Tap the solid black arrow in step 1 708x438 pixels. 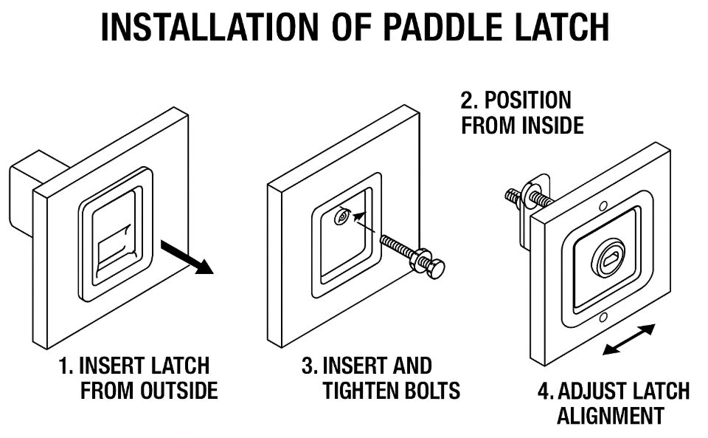pos(189,258)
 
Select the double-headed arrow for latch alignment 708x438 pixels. pos(628,340)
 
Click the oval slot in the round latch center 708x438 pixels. pos(611,259)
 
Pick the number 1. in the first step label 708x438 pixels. pos(66,366)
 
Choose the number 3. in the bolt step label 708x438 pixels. pos(309,366)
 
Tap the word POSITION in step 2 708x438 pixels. pos(525,100)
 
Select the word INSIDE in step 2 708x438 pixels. pos(552,126)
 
